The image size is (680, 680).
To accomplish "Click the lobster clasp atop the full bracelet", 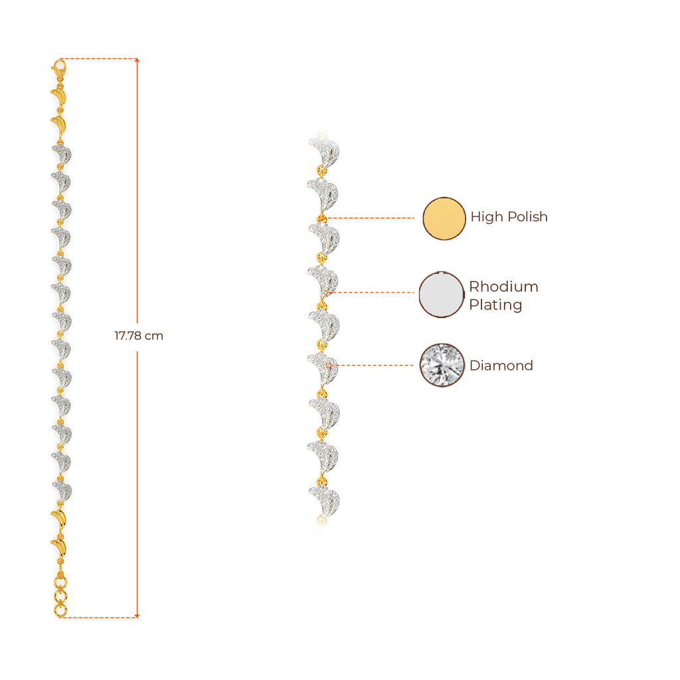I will [x=59, y=67].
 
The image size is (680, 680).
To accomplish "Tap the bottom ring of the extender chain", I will [x=60, y=609].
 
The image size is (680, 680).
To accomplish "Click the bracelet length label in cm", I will [x=138, y=336].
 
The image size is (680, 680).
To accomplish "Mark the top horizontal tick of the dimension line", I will [x=100, y=59].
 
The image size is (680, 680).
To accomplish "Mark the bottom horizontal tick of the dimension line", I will [x=100, y=617].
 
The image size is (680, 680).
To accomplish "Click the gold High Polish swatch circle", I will [x=444, y=218].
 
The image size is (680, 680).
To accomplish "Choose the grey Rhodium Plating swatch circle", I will [x=442, y=295].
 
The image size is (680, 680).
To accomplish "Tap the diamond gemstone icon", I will [x=442, y=365].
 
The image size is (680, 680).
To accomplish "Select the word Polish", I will [x=527, y=218].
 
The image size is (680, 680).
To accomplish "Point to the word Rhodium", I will [x=504, y=287].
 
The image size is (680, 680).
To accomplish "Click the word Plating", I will [x=496, y=305].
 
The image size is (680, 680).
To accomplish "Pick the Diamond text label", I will [x=501, y=366].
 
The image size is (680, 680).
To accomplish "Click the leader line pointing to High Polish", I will [x=372, y=218].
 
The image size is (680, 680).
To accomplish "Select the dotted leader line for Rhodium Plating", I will [x=372, y=292].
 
